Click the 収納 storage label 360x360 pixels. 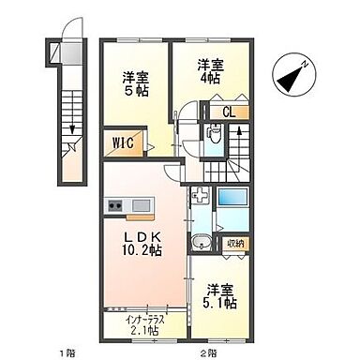tap(234, 244)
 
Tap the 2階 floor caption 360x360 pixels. tap(208, 353)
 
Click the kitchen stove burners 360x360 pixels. tap(118, 205)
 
